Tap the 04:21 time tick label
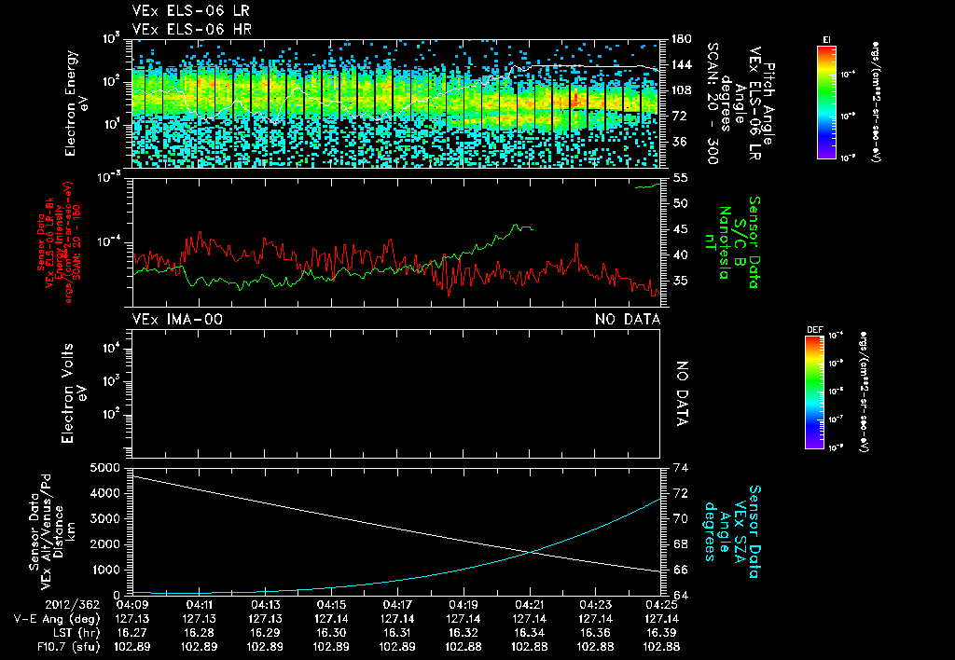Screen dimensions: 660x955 point(530,603)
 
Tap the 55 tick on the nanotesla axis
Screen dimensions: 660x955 point(678,177)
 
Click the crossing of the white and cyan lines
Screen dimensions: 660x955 point(532,552)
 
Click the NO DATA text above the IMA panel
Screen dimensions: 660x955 point(628,320)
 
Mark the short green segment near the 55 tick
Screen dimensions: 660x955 point(646,186)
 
